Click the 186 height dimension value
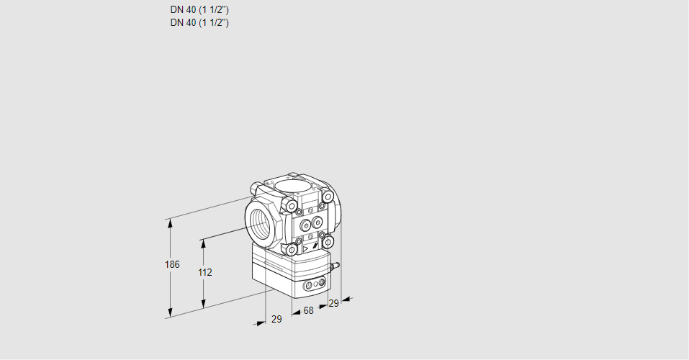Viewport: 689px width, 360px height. click(171, 264)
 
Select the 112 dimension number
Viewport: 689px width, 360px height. click(204, 272)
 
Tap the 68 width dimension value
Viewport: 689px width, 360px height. click(308, 310)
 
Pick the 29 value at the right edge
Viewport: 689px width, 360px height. click(333, 303)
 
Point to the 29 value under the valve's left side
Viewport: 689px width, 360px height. click(276, 319)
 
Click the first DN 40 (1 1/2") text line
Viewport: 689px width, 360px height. click(199, 10)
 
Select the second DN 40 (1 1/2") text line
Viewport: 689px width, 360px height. click(199, 22)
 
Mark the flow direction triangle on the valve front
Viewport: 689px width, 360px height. click(305, 248)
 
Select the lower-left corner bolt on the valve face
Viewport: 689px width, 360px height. click(291, 250)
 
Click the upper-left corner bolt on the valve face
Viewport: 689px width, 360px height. click(291, 207)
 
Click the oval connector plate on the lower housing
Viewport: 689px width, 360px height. click(314, 286)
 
